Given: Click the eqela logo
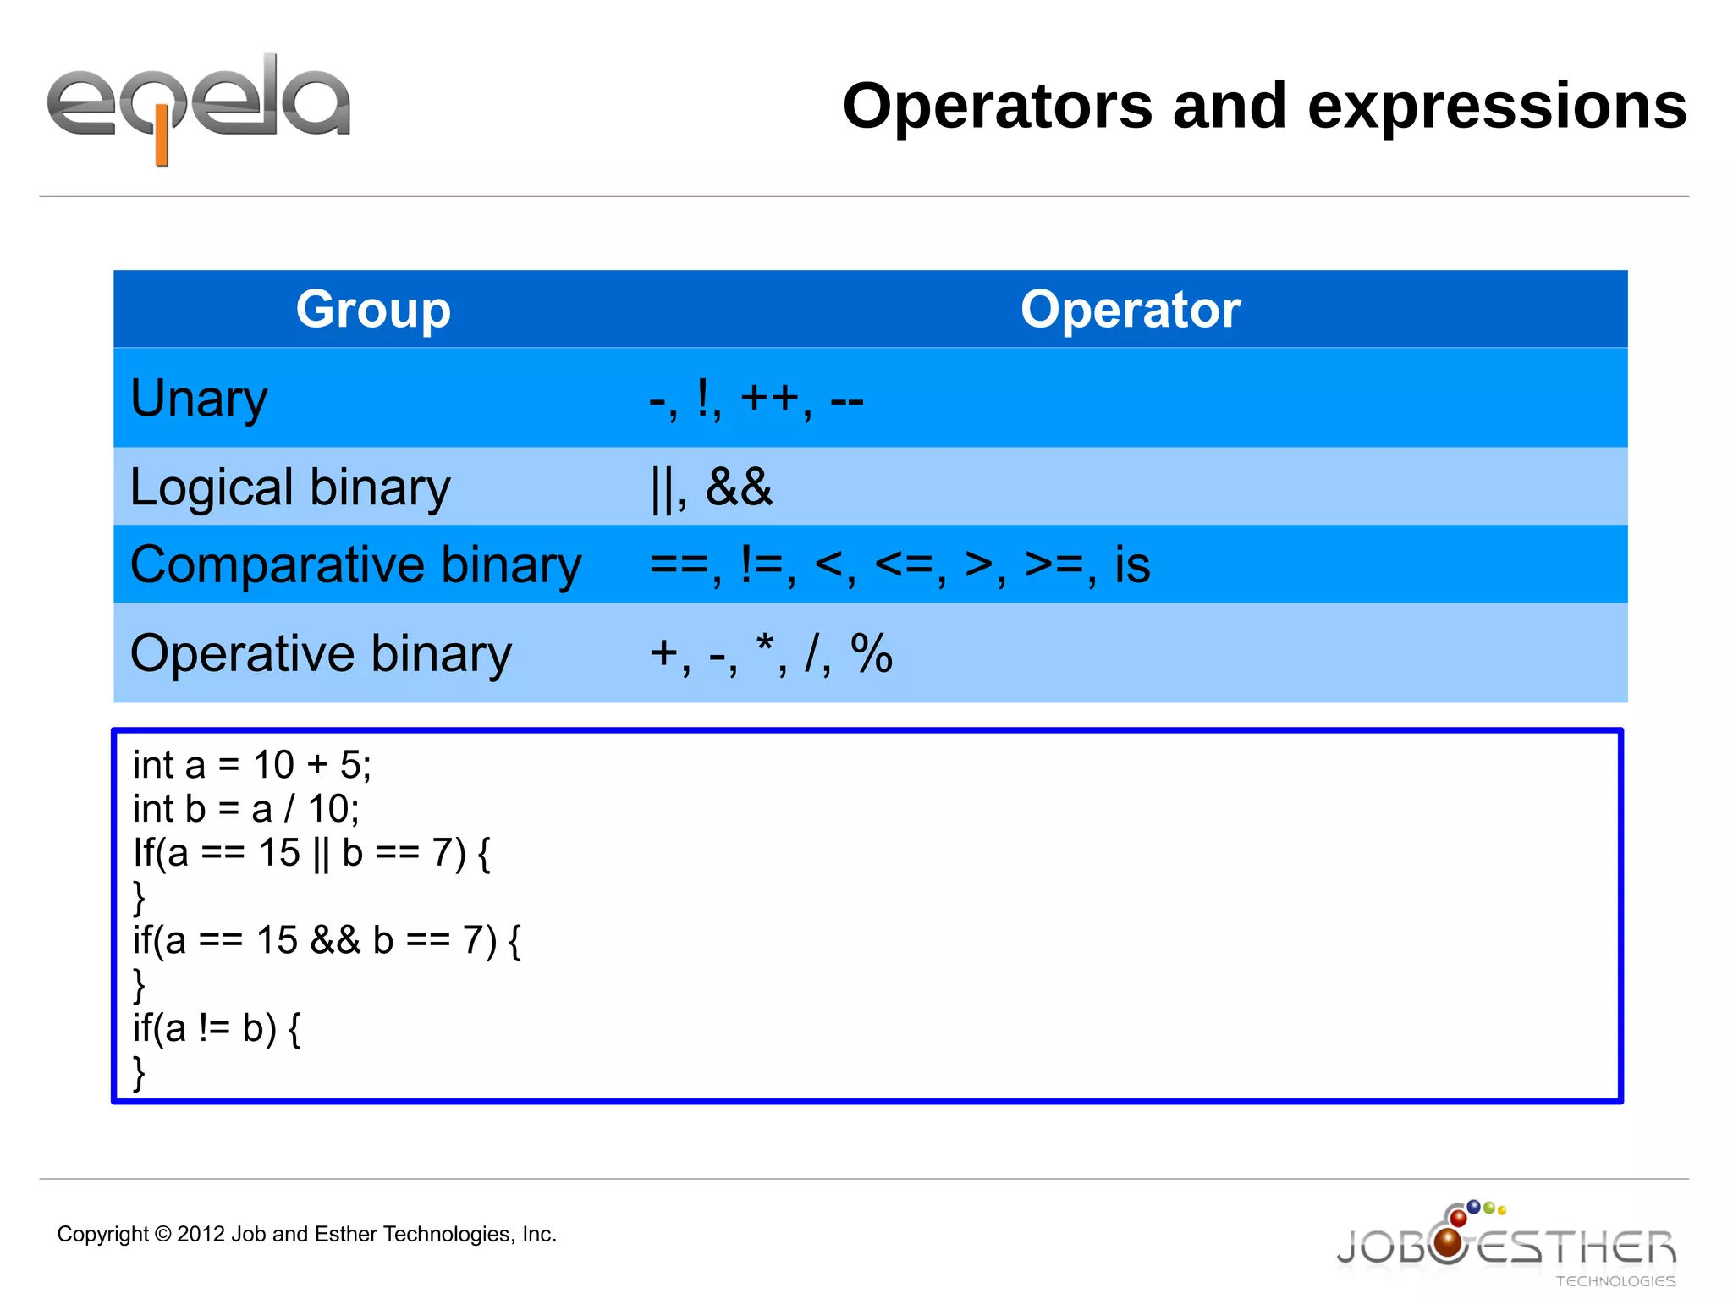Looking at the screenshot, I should point(198,106).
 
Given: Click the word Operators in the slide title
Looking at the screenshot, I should point(997,107).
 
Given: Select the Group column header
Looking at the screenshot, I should point(373,309).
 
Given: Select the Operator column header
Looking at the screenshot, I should point(1130,309).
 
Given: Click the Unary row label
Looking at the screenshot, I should point(199,398).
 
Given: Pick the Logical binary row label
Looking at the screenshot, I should point(290,487).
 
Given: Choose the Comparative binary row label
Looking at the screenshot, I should point(355,564).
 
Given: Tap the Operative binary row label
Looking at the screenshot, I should point(321,653).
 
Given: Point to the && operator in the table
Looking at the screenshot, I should point(739,487).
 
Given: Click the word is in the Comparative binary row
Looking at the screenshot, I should point(1131,564).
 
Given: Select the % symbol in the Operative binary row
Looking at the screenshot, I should point(872,653).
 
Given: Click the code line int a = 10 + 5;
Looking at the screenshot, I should point(251,765).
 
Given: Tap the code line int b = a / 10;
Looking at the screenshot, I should point(245,809).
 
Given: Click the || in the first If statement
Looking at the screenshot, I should point(321,853).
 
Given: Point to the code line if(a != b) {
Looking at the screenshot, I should point(217,1028).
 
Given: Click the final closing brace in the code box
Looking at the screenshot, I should point(140,1073).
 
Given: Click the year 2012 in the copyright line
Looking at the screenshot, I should point(201,1234).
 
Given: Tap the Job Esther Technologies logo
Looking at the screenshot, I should point(1506,1244).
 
